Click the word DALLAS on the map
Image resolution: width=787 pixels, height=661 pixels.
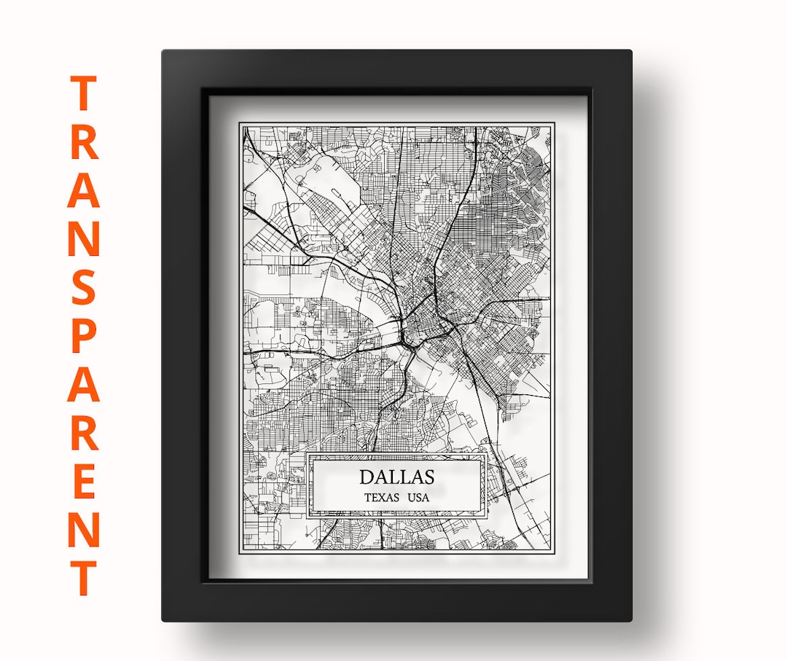click(396, 477)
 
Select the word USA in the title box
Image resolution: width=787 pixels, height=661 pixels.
click(418, 498)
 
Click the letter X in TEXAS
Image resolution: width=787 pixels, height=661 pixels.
click(383, 498)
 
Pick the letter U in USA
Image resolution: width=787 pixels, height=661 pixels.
click(411, 498)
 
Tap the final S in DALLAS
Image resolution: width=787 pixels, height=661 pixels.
click(428, 477)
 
